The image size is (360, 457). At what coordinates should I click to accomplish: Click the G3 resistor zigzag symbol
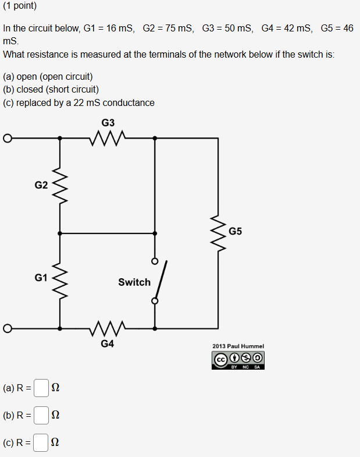click(x=108, y=139)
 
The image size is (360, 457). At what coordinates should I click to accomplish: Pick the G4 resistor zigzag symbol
click(x=108, y=328)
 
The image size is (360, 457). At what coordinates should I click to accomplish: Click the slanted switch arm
click(x=161, y=281)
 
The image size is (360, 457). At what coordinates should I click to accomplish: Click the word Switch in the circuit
click(x=134, y=282)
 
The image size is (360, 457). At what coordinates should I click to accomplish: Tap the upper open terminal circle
click(x=8, y=139)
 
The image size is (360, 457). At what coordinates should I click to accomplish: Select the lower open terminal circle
click(x=8, y=329)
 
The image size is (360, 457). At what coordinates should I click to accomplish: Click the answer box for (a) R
click(x=41, y=387)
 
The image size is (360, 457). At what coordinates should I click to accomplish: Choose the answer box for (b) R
click(x=41, y=415)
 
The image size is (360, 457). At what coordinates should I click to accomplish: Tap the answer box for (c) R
click(x=41, y=443)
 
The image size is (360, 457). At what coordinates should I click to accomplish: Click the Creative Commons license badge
click(x=238, y=360)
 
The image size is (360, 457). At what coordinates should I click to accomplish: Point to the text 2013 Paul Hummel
click(x=238, y=346)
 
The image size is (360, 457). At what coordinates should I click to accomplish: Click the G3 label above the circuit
click(x=108, y=123)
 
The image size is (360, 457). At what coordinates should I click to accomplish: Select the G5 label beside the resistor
click(x=236, y=231)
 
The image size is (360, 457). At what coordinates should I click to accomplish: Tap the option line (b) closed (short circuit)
click(x=51, y=90)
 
